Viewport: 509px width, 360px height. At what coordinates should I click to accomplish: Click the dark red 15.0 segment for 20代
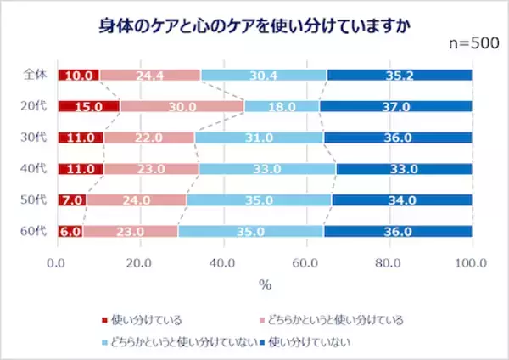click(x=88, y=106)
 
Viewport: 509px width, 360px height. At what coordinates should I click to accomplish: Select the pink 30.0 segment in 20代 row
click(x=182, y=106)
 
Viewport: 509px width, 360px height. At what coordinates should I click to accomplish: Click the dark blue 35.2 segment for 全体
click(x=399, y=75)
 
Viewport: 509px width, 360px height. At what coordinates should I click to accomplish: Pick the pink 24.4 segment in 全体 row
click(x=149, y=75)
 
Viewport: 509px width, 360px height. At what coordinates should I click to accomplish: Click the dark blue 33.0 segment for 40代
click(x=403, y=168)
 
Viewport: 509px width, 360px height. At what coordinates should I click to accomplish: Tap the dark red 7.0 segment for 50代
click(x=71, y=200)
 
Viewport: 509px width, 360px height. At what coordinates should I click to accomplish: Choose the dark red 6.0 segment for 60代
click(x=70, y=231)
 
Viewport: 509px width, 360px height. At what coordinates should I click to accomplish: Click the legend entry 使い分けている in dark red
click(x=146, y=320)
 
